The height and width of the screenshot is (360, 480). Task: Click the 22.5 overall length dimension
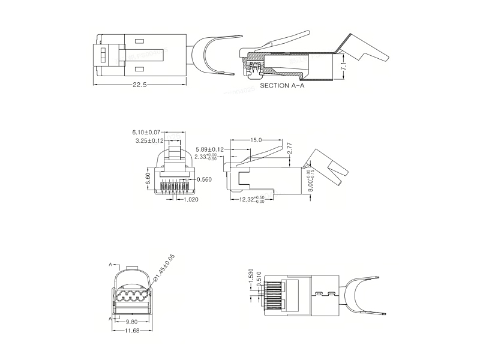coord(139,85)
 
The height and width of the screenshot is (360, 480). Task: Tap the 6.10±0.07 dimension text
coord(146,132)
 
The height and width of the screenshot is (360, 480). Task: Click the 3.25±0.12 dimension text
coord(150,141)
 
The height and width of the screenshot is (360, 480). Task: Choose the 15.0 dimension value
coord(256,140)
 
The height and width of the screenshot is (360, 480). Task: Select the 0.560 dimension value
coord(205,179)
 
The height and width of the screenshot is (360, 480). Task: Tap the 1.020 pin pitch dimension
coord(191,200)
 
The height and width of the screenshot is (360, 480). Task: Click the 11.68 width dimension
coord(132,331)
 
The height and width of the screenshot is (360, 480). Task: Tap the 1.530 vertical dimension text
coord(251,276)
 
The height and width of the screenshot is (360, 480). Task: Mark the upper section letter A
coord(110,265)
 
